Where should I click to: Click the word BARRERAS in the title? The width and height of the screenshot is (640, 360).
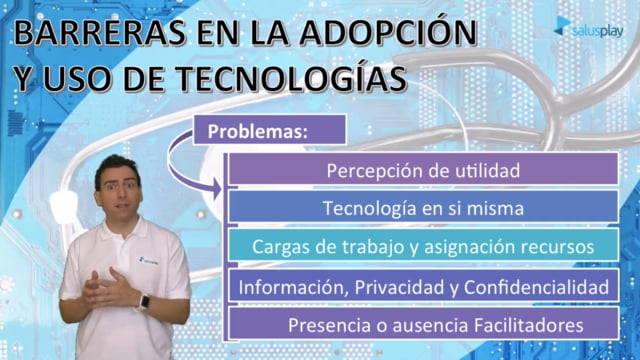pos(100,33)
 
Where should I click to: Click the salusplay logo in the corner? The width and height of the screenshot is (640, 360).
pos(589,28)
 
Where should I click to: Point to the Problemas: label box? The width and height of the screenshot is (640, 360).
pos(269,130)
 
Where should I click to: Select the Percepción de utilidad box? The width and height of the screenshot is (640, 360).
pos(423,170)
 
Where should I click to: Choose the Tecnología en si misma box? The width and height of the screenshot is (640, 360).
pos(423,207)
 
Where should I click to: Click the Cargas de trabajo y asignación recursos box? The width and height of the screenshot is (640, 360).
pos(423,245)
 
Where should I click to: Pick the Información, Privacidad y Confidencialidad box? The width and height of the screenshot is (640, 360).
pos(423,286)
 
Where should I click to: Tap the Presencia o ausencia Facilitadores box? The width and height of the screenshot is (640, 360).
pos(423,324)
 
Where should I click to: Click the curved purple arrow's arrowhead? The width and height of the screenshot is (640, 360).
pos(216,189)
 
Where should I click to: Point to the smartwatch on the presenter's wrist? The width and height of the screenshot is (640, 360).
pos(144,302)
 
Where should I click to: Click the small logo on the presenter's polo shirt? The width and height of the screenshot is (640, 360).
pos(149,260)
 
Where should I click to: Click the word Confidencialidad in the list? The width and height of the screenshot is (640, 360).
pos(536,287)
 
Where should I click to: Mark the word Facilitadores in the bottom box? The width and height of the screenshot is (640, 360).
pos(529,325)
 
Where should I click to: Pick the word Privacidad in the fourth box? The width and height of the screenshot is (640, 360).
pos(400,287)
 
